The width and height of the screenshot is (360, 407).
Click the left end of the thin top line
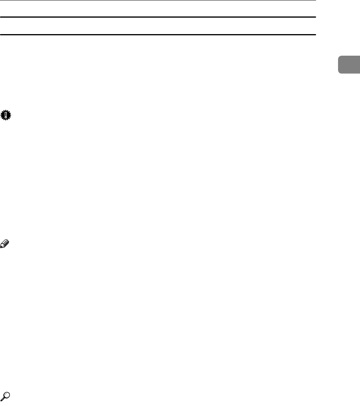tap(1, 0)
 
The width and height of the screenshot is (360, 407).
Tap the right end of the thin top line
tap(315, 0)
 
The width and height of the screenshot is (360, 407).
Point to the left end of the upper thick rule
tap(1, 17)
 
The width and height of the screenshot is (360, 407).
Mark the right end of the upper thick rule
tap(315, 17)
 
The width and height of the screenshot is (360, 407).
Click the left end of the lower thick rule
tap(1, 35)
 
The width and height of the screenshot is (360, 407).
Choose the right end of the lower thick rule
tap(315, 35)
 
